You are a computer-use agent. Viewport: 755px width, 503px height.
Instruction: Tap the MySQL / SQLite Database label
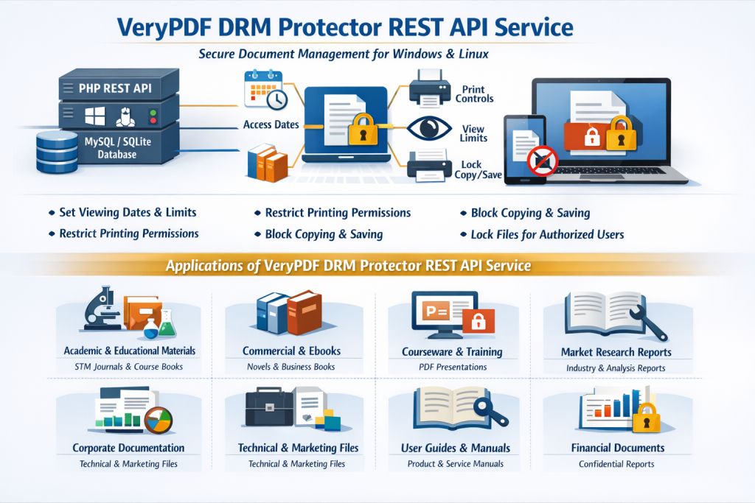pos(116,147)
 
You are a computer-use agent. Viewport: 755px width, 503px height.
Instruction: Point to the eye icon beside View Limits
pos(428,127)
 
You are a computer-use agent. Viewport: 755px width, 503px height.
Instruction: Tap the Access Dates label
pos(271,124)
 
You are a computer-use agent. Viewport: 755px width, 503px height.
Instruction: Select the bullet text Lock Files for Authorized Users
pos(547,234)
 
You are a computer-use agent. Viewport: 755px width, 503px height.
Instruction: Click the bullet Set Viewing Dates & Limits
pos(128,212)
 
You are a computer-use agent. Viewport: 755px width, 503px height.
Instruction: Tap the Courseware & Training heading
pos(452,351)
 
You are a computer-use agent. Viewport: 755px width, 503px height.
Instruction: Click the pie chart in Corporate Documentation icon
pos(156,419)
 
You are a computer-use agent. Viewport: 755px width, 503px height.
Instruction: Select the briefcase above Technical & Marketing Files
pos(268,411)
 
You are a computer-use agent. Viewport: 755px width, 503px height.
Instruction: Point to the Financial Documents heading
pos(617,448)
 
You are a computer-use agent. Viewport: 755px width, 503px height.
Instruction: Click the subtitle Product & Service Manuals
pos(455,464)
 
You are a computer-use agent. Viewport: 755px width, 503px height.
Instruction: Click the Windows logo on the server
pos(93,116)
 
